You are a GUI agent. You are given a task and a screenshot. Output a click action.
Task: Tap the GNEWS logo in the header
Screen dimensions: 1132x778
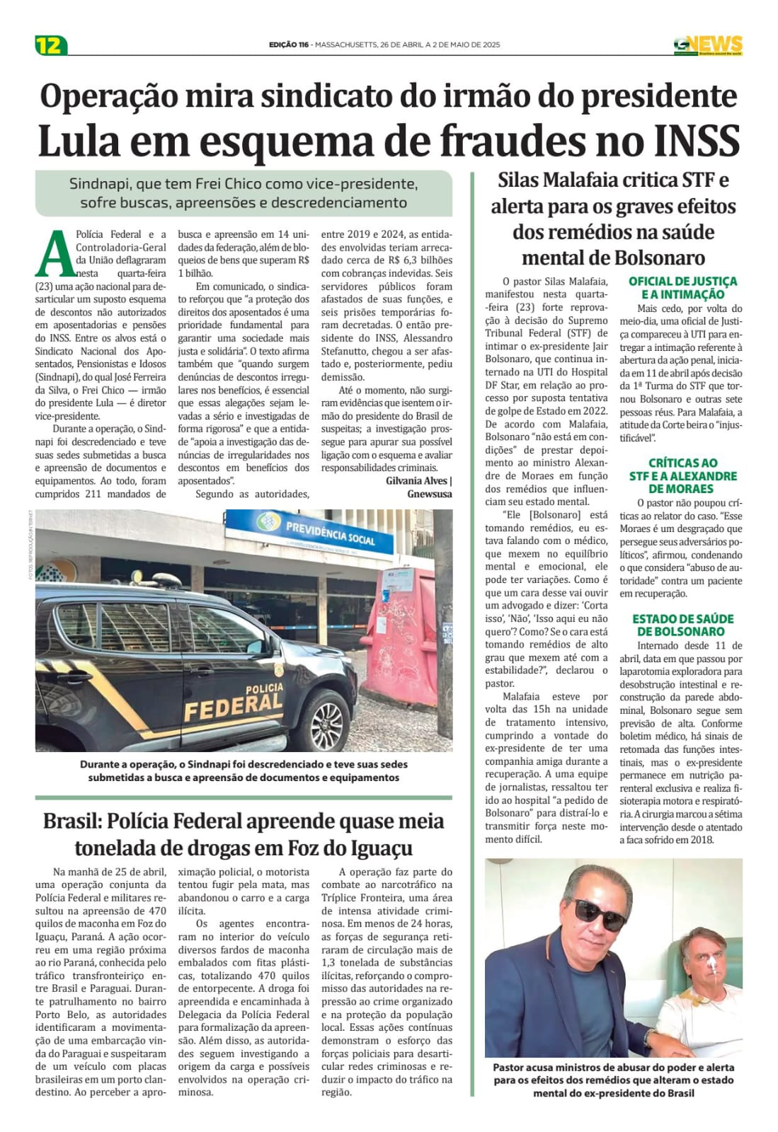coord(707,45)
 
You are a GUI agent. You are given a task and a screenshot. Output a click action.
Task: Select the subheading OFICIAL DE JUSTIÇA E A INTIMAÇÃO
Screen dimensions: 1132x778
coord(682,288)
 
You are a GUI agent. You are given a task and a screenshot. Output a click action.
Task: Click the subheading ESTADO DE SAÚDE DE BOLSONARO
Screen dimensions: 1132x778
coord(682,625)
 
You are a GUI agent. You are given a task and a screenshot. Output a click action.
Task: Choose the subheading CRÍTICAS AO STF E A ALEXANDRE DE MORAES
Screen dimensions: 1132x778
coord(682,475)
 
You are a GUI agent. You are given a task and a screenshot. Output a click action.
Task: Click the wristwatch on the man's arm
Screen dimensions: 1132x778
coord(649,1036)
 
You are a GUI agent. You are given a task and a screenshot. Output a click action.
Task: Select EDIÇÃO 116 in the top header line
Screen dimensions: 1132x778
coord(289,45)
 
